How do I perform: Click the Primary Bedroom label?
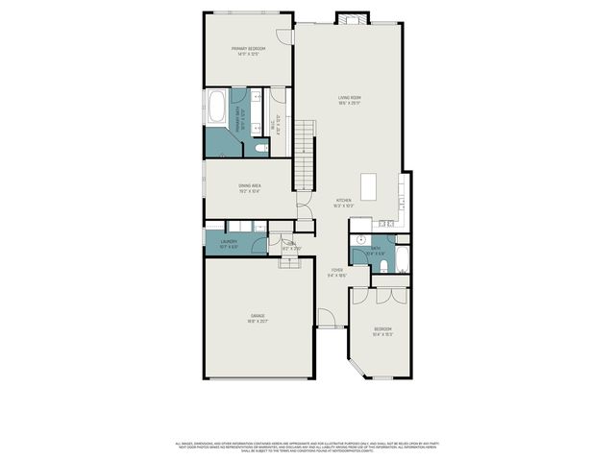pyautogui.click(x=248, y=50)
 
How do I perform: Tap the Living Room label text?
pyautogui.click(x=349, y=99)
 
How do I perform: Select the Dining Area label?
pyautogui.click(x=250, y=188)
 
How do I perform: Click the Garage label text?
pyautogui.click(x=258, y=318)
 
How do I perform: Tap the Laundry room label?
pyautogui.click(x=229, y=244)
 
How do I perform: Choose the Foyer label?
pyautogui.click(x=337, y=273)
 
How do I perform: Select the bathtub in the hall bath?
pyautogui.click(x=403, y=258)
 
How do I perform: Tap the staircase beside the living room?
pyautogui.click(x=305, y=154)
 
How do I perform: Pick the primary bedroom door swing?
pyautogui.click(x=283, y=36)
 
